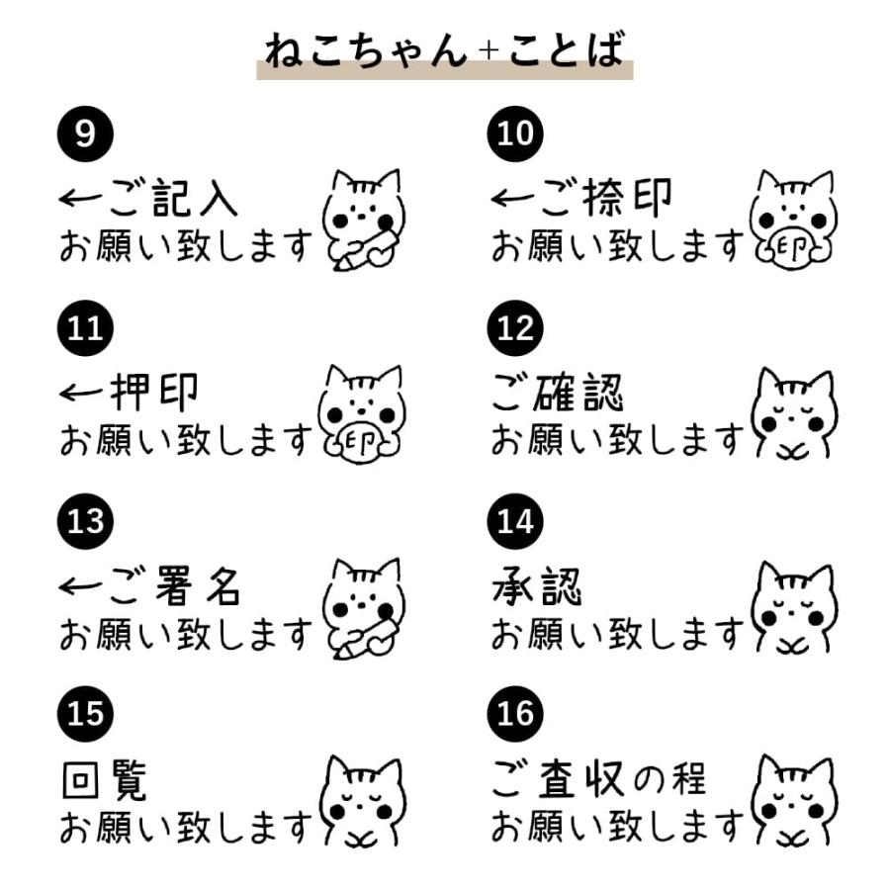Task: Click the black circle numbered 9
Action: [85, 133]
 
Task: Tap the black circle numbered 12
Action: [515, 328]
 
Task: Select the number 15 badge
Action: [85, 713]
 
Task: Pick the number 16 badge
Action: [515, 713]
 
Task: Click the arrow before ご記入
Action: [81, 198]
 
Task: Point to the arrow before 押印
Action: [81, 392]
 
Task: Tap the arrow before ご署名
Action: [81, 585]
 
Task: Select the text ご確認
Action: [558, 392]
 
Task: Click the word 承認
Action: [537, 585]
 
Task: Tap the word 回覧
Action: [105, 780]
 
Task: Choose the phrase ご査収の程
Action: [599, 779]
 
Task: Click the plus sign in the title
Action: [489, 51]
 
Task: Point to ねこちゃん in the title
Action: [366, 50]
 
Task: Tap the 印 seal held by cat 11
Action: [360, 442]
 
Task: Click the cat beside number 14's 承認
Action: [793, 608]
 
